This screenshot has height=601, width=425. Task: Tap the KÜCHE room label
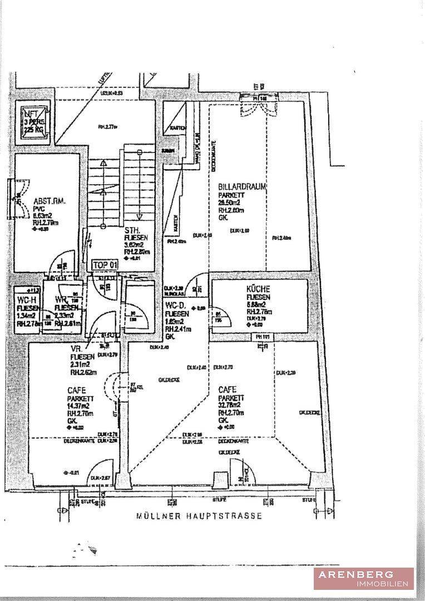click(258, 289)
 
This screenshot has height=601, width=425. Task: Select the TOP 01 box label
click(105, 265)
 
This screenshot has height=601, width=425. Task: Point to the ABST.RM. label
click(50, 202)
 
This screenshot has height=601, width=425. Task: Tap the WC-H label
click(26, 300)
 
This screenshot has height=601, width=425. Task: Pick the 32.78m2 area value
click(230, 406)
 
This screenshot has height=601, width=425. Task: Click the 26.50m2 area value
click(230, 203)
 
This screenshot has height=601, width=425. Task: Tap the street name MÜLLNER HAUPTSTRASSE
click(199, 516)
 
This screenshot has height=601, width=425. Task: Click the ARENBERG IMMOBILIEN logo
click(363, 578)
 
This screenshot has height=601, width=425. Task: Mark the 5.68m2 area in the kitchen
click(256, 304)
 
